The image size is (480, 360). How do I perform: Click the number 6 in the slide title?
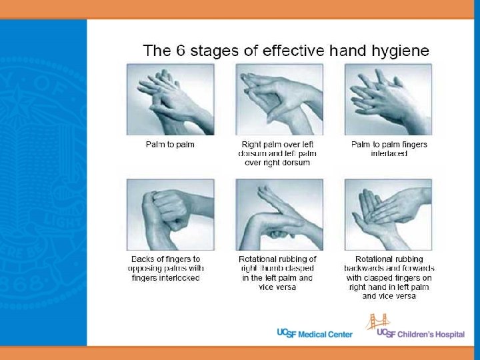[181, 51]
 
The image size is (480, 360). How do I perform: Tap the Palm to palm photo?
[171, 99]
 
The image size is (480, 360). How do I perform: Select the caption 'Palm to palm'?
[170, 145]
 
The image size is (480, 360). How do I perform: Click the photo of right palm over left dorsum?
[279, 99]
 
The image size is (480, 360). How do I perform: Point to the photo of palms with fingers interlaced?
[388, 99]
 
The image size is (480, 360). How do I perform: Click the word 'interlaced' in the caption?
[389, 153]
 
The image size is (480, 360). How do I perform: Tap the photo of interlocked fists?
[171, 215]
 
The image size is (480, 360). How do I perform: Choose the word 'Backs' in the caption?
[142, 259]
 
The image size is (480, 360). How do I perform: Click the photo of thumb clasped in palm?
[279, 215]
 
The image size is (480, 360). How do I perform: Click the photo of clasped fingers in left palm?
[388, 215]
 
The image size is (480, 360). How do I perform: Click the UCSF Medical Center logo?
[315, 334]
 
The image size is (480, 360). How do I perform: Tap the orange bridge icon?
[378, 321]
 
